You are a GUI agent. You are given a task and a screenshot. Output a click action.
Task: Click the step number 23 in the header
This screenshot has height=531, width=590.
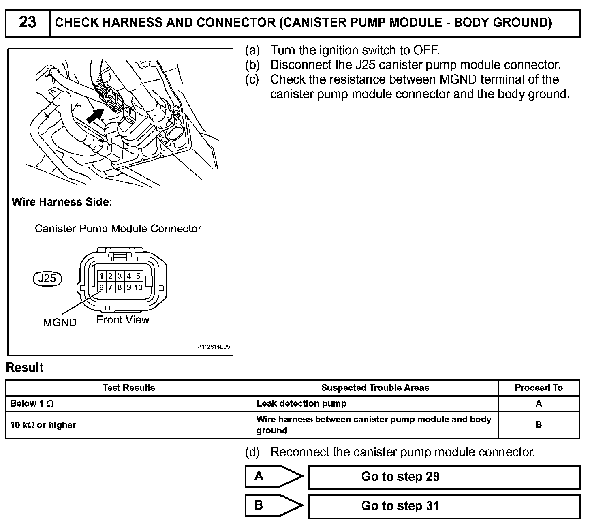click(x=28, y=22)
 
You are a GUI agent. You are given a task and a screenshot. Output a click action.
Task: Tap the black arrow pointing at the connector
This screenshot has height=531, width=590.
click(x=94, y=116)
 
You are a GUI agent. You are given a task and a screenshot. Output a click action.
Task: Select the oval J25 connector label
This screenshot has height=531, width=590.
click(x=47, y=278)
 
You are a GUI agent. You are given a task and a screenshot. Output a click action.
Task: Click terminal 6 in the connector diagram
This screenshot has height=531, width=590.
click(x=101, y=287)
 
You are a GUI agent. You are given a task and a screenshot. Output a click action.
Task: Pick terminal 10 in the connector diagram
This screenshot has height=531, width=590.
click(x=138, y=287)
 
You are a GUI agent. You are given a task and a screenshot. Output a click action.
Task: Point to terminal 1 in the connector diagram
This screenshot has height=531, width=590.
click(x=101, y=276)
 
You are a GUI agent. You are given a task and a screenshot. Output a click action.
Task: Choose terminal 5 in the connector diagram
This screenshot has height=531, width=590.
click(x=138, y=276)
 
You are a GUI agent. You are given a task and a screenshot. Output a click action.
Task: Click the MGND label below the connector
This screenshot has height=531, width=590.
click(x=60, y=323)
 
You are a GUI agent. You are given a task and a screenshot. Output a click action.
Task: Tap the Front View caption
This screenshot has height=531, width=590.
click(x=123, y=320)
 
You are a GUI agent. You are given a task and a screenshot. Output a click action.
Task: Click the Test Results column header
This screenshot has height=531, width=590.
click(x=128, y=388)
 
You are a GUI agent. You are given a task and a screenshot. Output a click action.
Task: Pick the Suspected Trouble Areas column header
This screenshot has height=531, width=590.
click(x=375, y=388)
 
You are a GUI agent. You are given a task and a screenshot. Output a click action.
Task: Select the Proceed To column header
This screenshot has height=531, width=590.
click(x=539, y=388)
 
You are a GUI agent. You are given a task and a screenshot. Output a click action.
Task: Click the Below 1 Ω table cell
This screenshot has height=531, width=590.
click(x=32, y=404)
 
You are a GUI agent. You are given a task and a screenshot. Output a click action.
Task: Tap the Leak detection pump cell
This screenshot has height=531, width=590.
click(x=301, y=404)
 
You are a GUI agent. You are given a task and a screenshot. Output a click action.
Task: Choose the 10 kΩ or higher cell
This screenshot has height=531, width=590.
click(x=43, y=425)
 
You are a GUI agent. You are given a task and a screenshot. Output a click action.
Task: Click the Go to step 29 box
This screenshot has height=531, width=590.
click(x=444, y=477)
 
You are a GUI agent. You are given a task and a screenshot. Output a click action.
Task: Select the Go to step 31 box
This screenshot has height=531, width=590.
click(x=444, y=506)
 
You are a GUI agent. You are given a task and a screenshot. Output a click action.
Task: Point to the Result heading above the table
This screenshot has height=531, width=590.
click(x=25, y=368)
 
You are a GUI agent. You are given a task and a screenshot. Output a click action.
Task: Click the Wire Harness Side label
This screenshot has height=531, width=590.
click(x=62, y=202)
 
